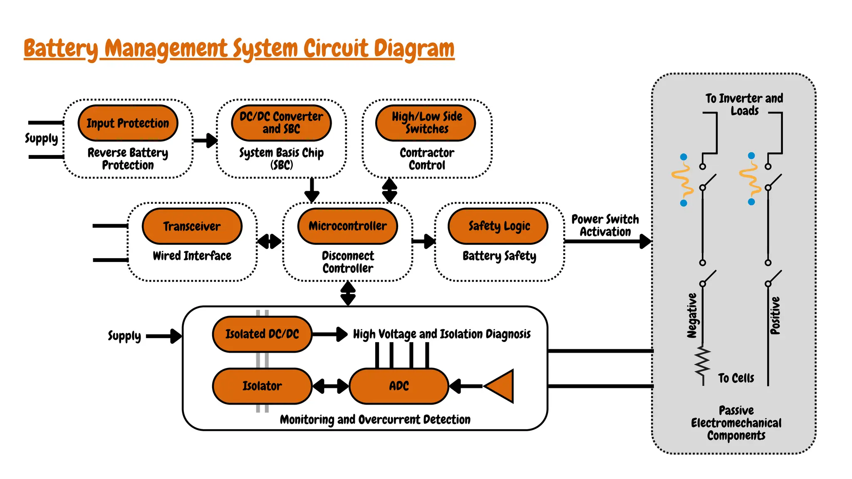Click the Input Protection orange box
[x=128, y=123]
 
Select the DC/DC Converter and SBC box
[x=281, y=123]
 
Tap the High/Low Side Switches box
[x=426, y=123]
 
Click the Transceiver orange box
[x=192, y=226]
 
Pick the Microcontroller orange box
[x=348, y=226]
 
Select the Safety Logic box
[x=498, y=226]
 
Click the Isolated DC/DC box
[x=262, y=334]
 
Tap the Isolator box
[x=262, y=386]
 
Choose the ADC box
[x=399, y=386]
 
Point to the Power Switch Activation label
[x=605, y=225]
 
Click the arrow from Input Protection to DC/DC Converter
[x=206, y=140]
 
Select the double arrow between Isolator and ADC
[x=331, y=386]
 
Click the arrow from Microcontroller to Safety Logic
[x=424, y=241]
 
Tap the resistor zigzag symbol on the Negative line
[x=703, y=360]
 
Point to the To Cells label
[x=736, y=378]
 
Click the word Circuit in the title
[x=336, y=49]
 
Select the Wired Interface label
[x=192, y=256]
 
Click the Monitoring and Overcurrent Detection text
[x=375, y=420]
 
